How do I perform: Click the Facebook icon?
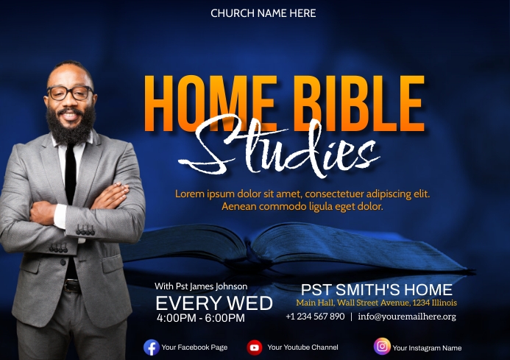click(x=152, y=347)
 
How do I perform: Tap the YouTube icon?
click(x=255, y=347)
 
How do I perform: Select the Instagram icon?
click(x=382, y=347)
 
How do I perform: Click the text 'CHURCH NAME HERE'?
click(x=263, y=13)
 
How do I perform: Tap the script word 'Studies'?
click(x=287, y=151)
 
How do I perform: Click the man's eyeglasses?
click(x=70, y=93)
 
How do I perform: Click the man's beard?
click(x=71, y=125)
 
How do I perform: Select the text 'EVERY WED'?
click(x=214, y=303)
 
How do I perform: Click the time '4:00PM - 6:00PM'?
click(x=201, y=318)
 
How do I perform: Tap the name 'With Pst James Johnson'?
click(x=201, y=286)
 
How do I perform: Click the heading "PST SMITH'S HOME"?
click(x=377, y=289)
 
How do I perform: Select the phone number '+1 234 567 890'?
click(x=315, y=317)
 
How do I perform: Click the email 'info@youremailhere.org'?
click(x=407, y=317)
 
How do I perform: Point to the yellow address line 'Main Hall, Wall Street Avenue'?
click(x=377, y=303)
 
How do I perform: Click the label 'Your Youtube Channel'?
click(x=302, y=347)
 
